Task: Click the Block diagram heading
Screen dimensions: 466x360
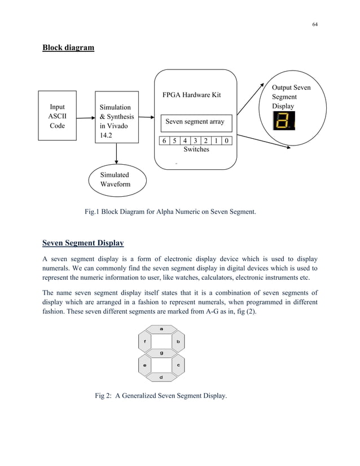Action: tap(68, 47)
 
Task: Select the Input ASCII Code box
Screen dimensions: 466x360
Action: tap(57, 116)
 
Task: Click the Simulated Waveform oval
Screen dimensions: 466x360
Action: tap(117, 179)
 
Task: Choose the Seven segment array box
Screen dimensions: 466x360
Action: tap(195, 122)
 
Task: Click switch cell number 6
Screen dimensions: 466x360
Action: tap(163, 140)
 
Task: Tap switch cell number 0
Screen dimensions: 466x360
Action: tap(226, 140)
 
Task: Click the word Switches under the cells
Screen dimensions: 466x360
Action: tap(196, 150)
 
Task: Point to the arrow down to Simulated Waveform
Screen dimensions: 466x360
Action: tap(116, 153)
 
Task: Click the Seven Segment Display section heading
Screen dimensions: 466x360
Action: tap(83, 244)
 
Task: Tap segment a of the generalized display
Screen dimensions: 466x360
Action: tap(161, 328)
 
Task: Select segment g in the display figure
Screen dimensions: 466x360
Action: tap(161, 353)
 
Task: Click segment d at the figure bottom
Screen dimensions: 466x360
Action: tap(161, 377)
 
